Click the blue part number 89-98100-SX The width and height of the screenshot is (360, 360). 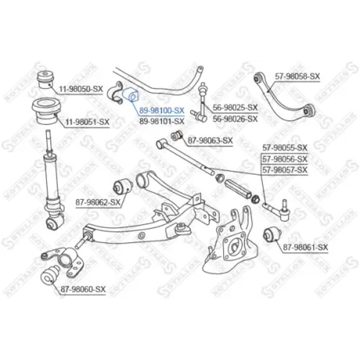[162, 110]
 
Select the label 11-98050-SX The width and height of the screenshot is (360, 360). [81, 89]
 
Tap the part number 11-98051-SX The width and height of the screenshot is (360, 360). [87, 122]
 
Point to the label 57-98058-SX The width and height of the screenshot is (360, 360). [298, 76]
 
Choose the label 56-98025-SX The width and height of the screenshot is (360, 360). [235, 107]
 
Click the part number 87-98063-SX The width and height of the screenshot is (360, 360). [211, 140]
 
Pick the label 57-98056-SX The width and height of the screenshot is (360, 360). [285, 159]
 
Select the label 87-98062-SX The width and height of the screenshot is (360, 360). [98, 202]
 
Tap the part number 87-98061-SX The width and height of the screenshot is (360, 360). [305, 247]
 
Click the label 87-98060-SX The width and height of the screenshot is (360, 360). [83, 289]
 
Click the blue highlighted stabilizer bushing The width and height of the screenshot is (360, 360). [130, 94]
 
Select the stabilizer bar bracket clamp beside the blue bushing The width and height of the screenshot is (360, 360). [115, 92]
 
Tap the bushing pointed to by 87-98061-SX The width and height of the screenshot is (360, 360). [272, 235]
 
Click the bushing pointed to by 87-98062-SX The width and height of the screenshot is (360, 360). [123, 187]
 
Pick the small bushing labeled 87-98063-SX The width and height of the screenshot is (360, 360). [176, 136]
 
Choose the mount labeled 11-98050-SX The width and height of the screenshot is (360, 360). [46, 80]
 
